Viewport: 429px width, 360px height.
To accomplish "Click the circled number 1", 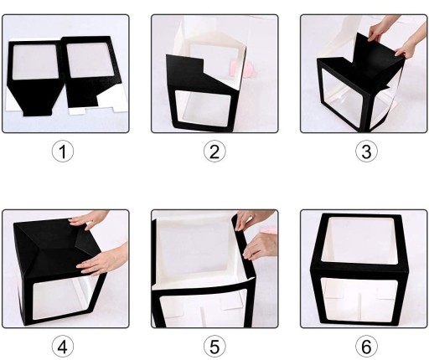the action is click(63, 151).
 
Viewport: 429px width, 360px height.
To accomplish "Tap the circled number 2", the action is click(214, 151).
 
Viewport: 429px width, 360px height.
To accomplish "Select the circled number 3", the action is click(366, 151).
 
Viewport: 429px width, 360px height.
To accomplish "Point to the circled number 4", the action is click(63, 347).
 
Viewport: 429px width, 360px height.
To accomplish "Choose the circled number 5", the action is click(214, 347).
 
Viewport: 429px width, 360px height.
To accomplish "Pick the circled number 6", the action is click(366, 347).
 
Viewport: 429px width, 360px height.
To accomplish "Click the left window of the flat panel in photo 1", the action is click(35, 61).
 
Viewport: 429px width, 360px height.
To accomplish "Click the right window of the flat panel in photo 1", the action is click(90, 59).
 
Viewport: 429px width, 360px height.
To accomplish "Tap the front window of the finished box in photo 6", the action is click(359, 299).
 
